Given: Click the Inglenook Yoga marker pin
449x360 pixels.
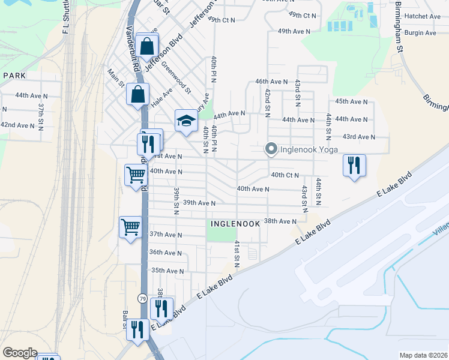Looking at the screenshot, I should coord(271,149).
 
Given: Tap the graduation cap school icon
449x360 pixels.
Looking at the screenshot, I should coord(186,121).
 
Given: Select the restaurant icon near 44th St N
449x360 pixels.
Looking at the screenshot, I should coord(354,164).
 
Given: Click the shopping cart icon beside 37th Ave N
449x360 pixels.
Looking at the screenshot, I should coord(131,227).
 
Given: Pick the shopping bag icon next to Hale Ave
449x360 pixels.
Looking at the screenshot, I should coord(137,95).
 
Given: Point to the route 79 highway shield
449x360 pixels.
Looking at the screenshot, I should coord(142,298).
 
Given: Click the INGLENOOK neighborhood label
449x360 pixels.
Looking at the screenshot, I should coord(235,223).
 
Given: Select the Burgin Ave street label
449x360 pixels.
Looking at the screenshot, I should coord(422,33).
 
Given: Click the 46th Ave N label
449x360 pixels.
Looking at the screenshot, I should coord(272,81).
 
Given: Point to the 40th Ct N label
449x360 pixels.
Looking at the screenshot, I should coord(285,175).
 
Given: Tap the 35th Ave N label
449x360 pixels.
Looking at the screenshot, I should coord(167,271).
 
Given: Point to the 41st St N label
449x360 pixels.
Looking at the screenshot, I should coord(237,251).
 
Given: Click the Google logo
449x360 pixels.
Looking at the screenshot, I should coord(20,353).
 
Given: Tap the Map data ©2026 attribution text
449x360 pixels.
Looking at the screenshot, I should coord(423,355).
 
